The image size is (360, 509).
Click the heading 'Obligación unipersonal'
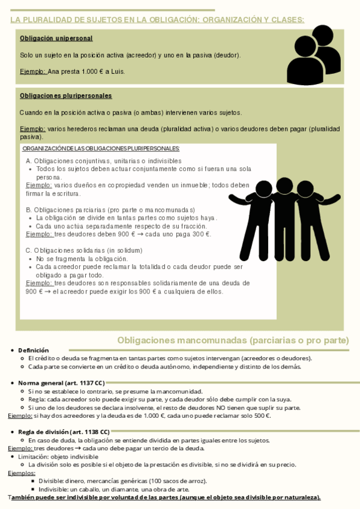pyautogui.click(x=56, y=38)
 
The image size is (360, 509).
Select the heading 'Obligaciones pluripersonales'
pyautogui.click(x=65, y=95)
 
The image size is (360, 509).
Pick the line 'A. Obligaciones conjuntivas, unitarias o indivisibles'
pyautogui.click(x=103, y=161)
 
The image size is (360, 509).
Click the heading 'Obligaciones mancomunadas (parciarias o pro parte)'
pyautogui.click(x=233, y=340)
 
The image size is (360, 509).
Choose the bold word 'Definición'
pyautogui.click(x=34, y=350)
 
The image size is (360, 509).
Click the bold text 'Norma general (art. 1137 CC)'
pyautogui.click(x=61, y=383)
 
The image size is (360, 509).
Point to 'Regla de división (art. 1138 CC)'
pyautogui.click(x=64, y=432)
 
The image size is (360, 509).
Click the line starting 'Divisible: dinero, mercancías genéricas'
pyautogui.click(x=122, y=481)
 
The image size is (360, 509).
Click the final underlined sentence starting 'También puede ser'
pyautogui.click(x=164, y=497)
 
